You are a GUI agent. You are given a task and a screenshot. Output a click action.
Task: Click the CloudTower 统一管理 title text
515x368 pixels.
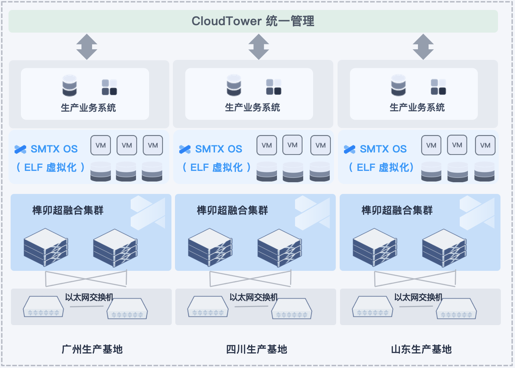(253, 21)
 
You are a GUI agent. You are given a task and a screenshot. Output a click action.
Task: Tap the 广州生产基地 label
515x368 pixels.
(92, 349)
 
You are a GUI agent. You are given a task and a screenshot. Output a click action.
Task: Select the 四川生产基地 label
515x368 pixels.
(256, 349)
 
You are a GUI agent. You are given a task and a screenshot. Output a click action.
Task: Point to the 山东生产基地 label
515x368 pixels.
(421, 349)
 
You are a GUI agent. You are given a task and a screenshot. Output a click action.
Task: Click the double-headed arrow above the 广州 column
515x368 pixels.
(87, 47)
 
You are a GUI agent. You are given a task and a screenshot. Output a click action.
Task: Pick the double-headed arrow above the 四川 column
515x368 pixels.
(259, 47)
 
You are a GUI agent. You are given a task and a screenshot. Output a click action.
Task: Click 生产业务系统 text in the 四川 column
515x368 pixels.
(253, 107)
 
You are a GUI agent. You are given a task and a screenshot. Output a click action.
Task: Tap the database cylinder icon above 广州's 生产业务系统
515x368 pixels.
(69, 85)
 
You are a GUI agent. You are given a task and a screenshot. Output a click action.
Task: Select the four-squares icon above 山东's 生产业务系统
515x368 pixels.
(438, 87)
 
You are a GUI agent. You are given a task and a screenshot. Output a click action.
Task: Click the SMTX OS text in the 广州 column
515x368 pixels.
(54, 149)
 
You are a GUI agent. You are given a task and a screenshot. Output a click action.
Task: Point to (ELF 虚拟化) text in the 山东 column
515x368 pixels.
(381, 167)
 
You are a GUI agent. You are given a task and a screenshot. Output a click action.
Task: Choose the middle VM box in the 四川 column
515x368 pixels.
(293, 145)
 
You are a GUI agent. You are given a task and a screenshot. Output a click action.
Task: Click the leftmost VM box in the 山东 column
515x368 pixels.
(431, 145)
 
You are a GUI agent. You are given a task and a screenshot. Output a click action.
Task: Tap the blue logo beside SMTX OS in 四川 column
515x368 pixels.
(185, 149)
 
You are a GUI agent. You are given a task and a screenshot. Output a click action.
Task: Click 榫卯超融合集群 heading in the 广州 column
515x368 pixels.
(68, 210)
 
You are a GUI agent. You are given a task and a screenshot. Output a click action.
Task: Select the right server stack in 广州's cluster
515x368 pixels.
(115, 248)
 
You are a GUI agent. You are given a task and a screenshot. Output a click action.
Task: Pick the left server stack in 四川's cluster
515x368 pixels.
(210, 247)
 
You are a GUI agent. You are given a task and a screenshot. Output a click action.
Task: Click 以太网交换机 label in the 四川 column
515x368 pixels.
(254, 297)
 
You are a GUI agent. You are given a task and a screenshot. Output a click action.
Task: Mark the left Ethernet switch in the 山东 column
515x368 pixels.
(373, 307)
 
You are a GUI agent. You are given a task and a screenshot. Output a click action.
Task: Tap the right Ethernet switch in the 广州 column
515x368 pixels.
(127, 309)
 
